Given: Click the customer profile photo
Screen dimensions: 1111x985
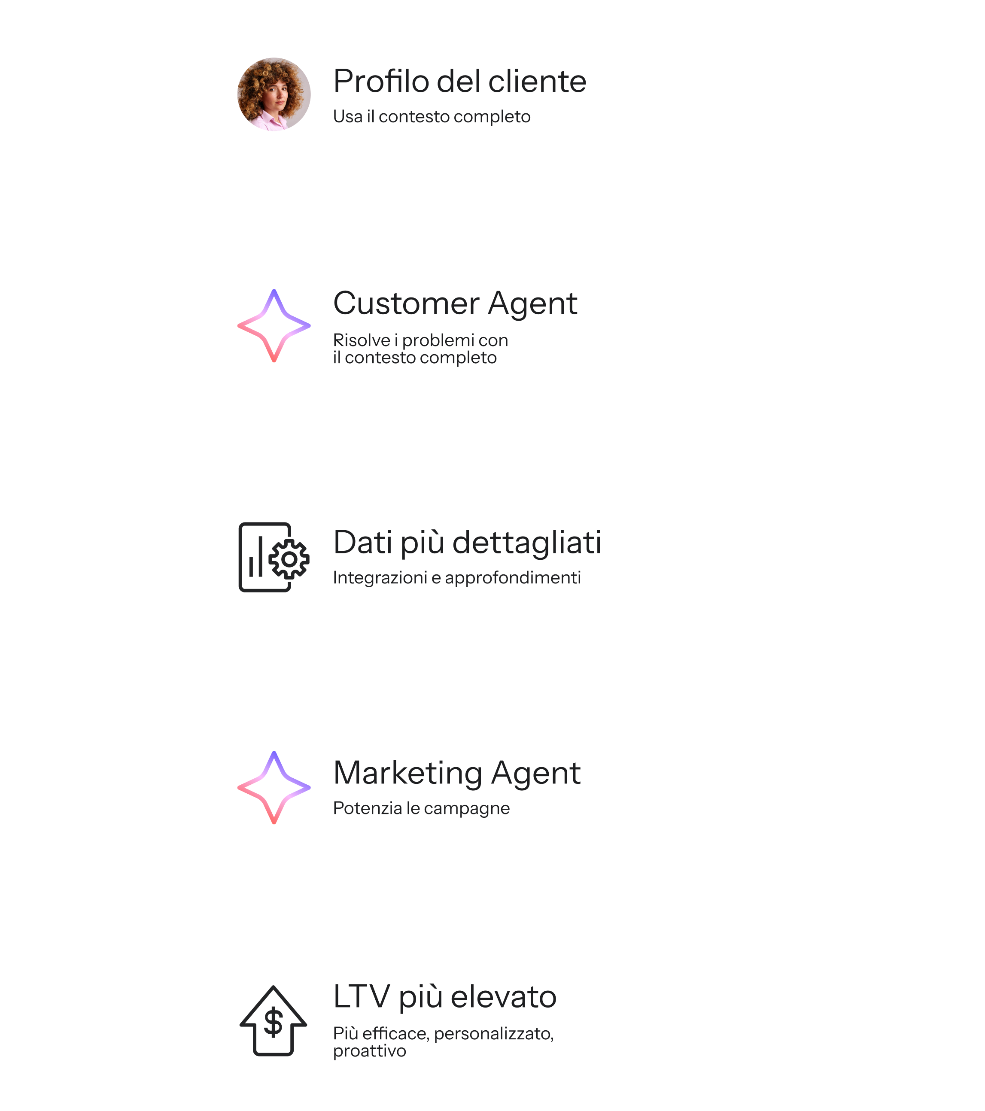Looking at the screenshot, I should click(274, 94).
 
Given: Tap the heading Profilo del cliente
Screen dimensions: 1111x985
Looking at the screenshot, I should click(459, 82).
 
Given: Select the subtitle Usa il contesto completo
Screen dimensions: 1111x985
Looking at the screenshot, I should click(432, 117).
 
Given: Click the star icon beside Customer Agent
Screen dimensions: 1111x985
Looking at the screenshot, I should click(274, 325).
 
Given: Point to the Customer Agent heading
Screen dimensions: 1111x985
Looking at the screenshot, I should click(455, 304).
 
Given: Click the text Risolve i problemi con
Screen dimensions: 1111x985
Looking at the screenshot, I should click(420, 340).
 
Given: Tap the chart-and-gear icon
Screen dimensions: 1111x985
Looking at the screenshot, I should click(274, 557).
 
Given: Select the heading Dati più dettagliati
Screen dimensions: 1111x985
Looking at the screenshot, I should click(467, 543).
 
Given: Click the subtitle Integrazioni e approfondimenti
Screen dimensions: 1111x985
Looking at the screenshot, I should click(456, 578).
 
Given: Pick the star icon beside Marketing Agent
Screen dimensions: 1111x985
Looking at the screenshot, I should click(274, 788).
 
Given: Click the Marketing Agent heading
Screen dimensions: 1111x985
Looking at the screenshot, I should click(456, 773).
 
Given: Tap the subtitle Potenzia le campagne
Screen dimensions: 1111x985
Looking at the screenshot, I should click(421, 808).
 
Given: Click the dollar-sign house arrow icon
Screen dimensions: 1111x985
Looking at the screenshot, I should click(274, 1020).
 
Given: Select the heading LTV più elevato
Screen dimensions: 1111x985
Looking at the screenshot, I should click(445, 997).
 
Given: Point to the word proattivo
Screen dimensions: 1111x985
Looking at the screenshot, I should click(370, 1051).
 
